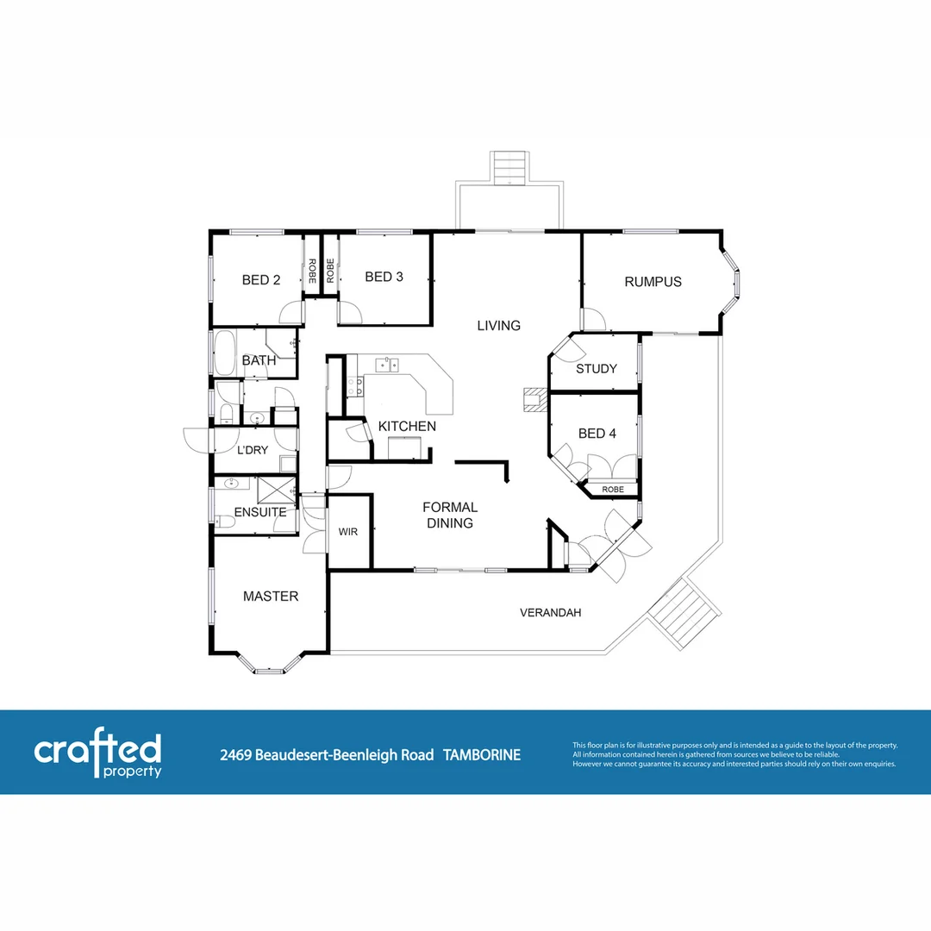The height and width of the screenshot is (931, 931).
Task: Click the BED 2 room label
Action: (x=261, y=279)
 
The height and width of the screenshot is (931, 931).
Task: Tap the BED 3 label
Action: (x=384, y=277)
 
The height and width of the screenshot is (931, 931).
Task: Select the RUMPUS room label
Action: (x=653, y=282)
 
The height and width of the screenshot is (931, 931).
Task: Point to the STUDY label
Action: (x=596, y=369)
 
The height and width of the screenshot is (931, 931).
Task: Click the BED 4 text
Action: (x=597, y=434)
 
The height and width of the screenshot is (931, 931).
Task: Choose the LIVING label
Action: (x=499, y=326)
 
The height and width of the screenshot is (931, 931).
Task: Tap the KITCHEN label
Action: (x=407, y=427)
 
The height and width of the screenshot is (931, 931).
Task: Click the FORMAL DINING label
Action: (x=449, y=515)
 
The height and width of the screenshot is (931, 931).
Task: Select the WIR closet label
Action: (x=348, y=533)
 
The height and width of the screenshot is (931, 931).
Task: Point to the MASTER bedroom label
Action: (x=271, y=597)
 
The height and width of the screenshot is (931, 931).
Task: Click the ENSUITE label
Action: (x=260, y=512)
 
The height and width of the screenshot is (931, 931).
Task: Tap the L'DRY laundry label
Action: (x=253, y=450)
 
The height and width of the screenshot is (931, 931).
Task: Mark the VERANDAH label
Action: (x=550, y=613)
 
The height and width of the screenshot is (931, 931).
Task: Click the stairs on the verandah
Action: (x=684, y=613)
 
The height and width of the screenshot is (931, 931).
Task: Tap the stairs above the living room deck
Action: (x=509, y=167)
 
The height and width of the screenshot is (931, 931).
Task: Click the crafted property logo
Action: (x=97, y=755)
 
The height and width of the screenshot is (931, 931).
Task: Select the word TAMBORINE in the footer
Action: (x=482, y=755)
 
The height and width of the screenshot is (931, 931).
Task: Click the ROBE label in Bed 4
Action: (x=613, y=490)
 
